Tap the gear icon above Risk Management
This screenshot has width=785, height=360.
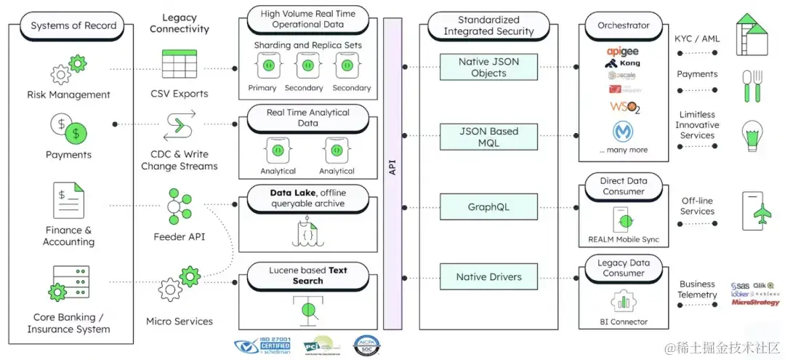point(61,73)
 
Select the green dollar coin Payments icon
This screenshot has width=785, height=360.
point(75,133)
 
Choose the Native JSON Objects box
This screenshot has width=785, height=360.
point(488,68)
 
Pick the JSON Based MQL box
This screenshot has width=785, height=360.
point(488,137)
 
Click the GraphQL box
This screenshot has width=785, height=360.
point(488,207)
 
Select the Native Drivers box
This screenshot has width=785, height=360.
point(488,277)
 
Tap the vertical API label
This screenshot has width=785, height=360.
point(392,169)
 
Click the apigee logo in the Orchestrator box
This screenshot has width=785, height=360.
point(623,52)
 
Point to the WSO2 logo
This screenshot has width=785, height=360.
point(624,108)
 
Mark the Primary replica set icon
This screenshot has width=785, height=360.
point(262,67)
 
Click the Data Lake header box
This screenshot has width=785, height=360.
point(308,198)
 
